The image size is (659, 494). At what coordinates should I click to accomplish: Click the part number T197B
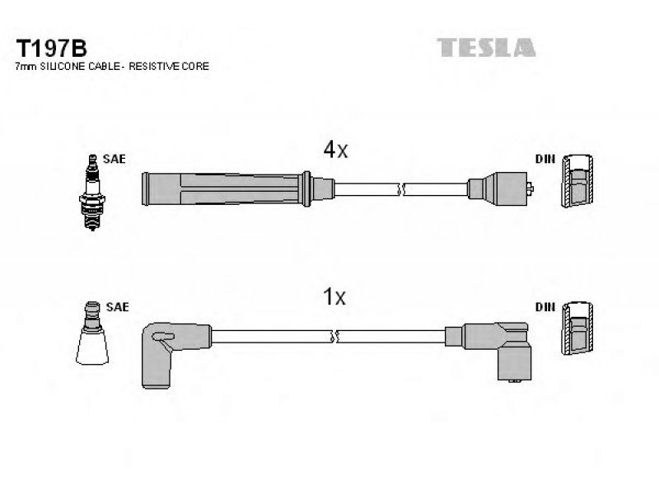[x=51, y=49]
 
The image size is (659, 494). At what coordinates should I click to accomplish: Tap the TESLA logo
[x=486, y=48]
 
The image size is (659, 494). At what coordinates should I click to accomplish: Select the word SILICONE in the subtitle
[x=63, y=67]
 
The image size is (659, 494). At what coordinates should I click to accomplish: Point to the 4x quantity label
[x=335, y=149]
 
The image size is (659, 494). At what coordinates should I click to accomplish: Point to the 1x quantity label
[x=334, y=296]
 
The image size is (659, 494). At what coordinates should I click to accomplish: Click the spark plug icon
[x=92, y=193]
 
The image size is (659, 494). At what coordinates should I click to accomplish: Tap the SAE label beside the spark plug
[x=114, y=159]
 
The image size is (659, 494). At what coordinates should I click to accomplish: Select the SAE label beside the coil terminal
[x=117, y=307]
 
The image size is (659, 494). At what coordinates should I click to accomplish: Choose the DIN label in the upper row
[x=545, y=159]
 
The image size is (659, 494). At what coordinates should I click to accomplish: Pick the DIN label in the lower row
[x=545, y=307]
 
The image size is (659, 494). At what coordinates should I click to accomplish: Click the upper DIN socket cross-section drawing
[x=577, y=181]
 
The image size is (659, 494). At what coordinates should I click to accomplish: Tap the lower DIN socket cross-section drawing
[x=578, y=328]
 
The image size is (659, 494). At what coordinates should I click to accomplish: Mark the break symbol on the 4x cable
[x=401, y=189]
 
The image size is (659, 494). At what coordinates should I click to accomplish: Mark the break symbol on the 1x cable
[x=335, y=337]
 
